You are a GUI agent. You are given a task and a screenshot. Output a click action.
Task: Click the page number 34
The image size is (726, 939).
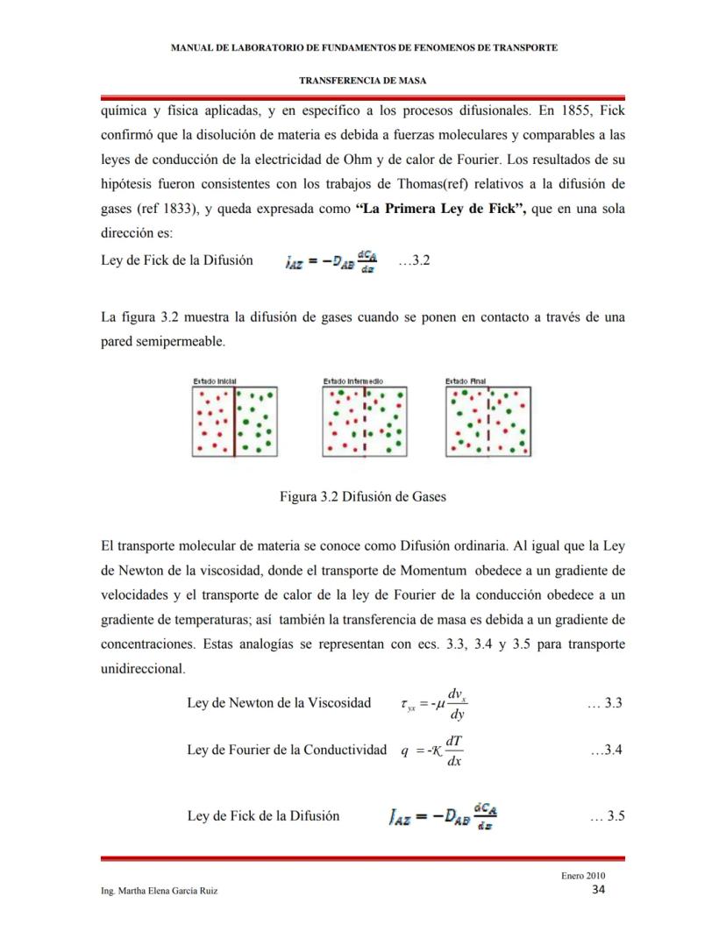[599, 891]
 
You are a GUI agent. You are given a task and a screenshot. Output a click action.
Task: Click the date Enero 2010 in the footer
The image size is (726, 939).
[583, 876]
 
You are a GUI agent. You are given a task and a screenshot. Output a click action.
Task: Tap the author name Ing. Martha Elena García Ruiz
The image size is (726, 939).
[160, 891]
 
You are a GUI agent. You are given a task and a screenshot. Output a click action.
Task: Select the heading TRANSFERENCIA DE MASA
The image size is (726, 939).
[362, 80]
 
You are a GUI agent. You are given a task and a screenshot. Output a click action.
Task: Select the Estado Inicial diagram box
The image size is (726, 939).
[235, 421]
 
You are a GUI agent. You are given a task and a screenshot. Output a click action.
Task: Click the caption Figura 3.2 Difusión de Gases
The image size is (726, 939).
[362, 496]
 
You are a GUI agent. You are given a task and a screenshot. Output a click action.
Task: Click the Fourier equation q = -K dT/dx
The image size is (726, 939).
[432, 750]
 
